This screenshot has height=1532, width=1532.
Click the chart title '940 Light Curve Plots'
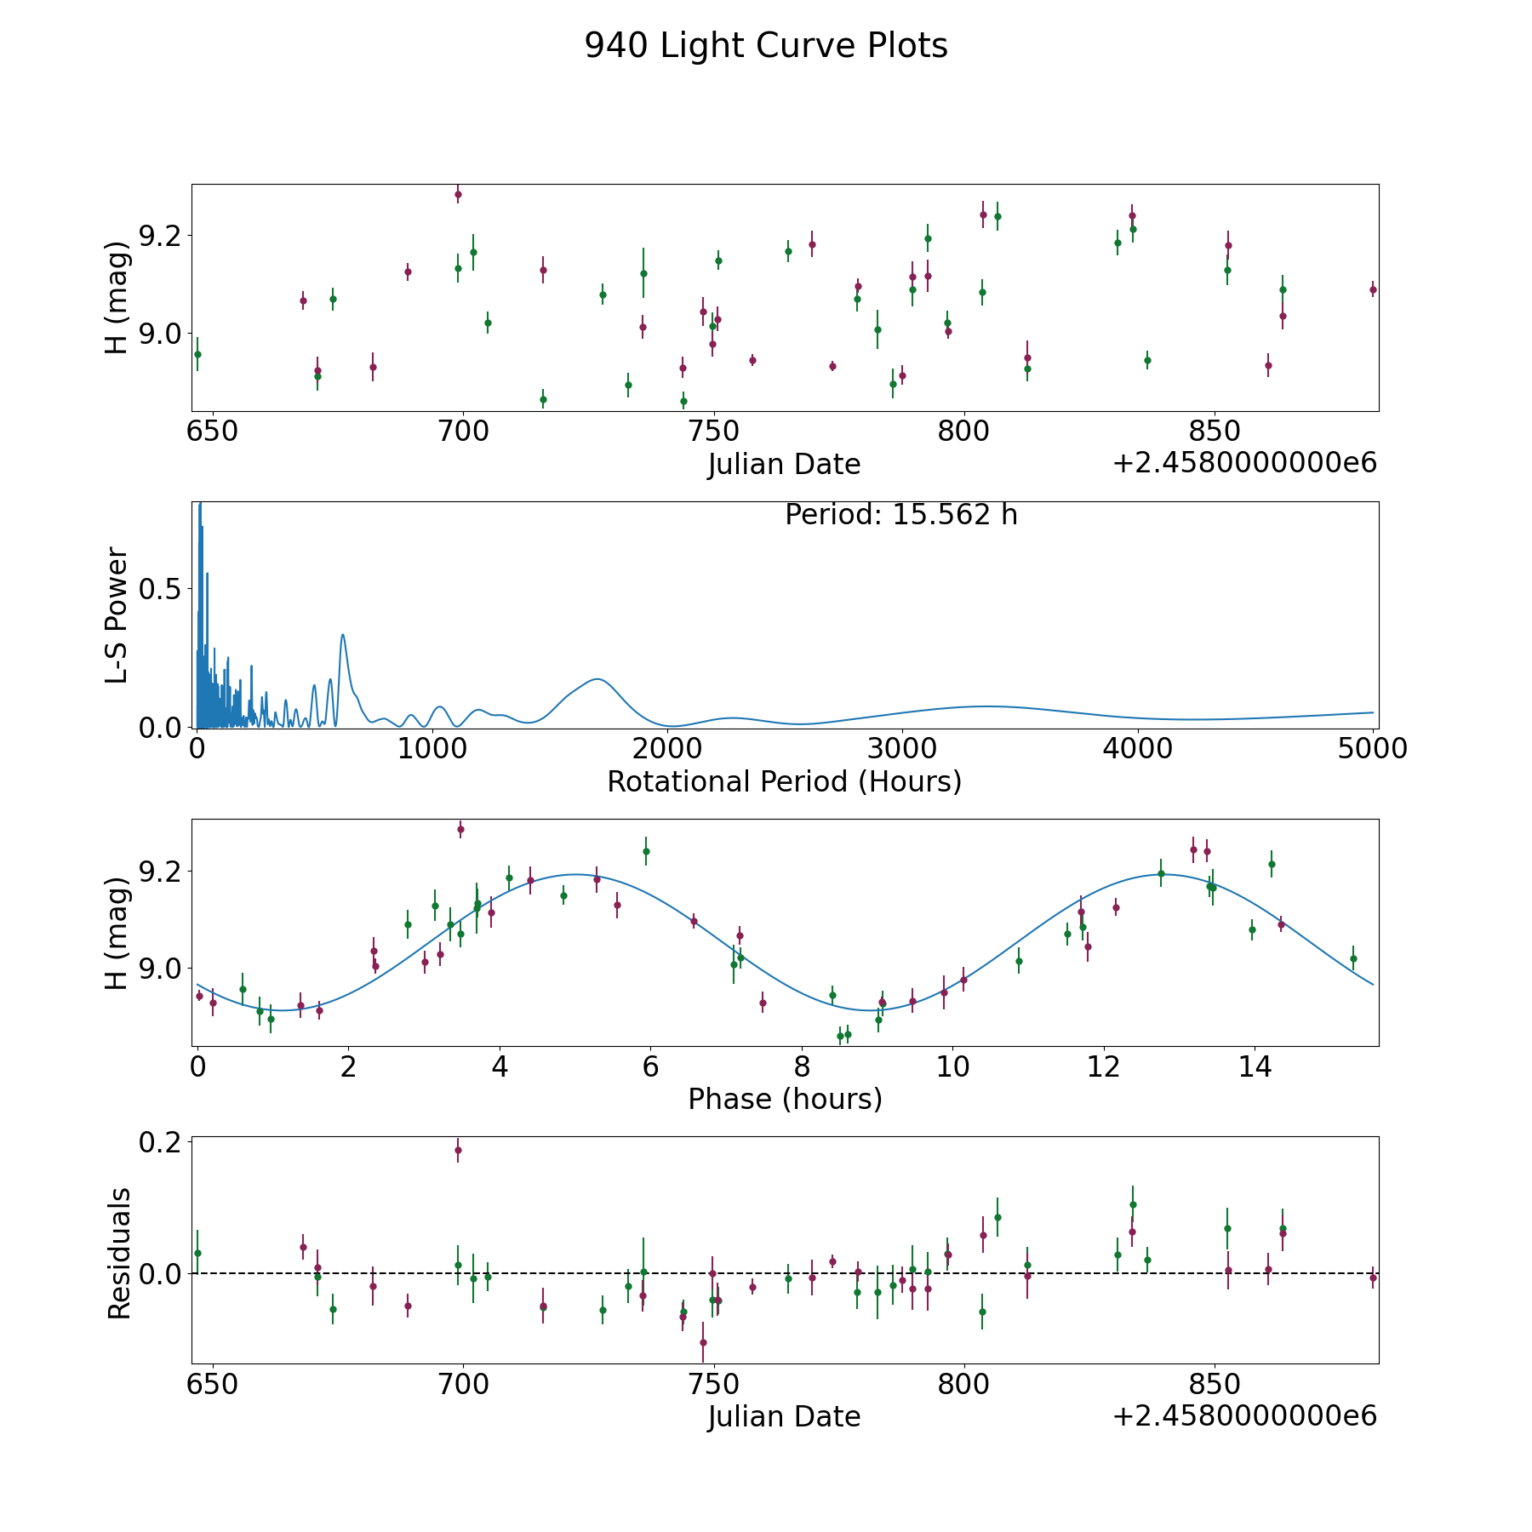(766, 46)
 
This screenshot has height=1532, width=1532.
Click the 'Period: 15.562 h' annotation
(901, 515)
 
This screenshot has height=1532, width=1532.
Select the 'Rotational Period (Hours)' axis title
(784, 781)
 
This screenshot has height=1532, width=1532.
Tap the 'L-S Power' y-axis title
(117, 615)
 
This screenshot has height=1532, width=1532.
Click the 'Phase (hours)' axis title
(785, 1099)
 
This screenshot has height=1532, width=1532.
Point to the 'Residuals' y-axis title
(118, 1253)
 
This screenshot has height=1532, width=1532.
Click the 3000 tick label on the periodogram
(901, 749)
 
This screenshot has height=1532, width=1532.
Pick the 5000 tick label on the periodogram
(1373, 749)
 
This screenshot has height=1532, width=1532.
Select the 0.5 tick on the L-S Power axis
(160, 589)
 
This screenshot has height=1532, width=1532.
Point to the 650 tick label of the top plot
(212, 432)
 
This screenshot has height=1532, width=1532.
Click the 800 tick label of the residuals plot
(963, 1384)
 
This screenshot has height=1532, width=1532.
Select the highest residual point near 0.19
(458, 1150)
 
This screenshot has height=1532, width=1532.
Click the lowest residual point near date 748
(703, 1342)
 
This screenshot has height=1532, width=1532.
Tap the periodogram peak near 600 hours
(342, 635)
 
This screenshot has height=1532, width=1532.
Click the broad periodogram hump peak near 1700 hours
(597, 679)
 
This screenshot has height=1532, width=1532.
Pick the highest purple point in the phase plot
(460, 829)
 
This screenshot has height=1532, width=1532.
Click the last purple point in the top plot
(1373, 290)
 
